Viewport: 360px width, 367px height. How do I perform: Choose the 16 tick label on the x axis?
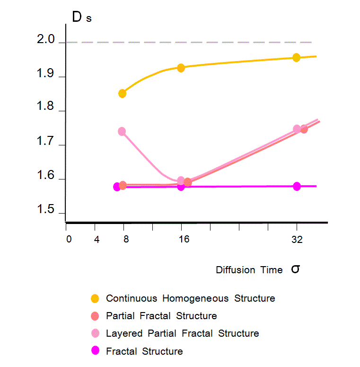tap(184, 240)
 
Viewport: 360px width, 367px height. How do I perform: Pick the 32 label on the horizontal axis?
tap(297, 240)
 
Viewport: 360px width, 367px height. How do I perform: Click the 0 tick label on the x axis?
tap(69, 240)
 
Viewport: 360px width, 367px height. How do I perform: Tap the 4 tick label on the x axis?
tap(97, 240)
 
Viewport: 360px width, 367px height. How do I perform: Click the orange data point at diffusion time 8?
tap(122, 93)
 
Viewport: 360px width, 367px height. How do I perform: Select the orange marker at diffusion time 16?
tap(180, 68)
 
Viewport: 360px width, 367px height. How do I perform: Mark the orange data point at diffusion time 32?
tap(297, 57)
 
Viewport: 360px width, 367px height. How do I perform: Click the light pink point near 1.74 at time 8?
tap(122, 131)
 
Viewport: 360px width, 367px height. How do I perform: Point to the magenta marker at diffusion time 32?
tap(297, 186)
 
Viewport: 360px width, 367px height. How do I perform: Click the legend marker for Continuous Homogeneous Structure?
tap(95, 298)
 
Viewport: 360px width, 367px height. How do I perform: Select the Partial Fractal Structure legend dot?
tap(95, 316)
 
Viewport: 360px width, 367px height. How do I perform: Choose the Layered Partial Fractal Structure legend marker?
tap(95, 333)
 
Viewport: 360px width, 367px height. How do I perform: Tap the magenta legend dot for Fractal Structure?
tap(95, 351)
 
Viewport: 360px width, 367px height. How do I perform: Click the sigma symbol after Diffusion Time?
tap(295, 269)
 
